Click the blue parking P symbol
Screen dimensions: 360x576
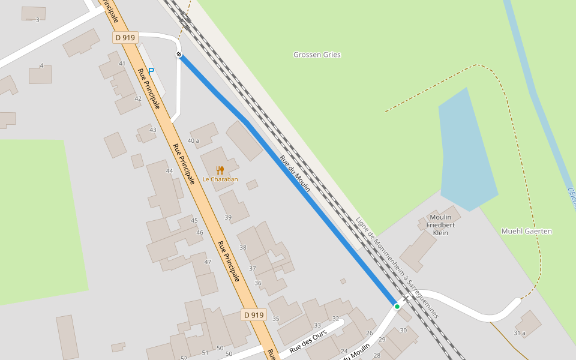tap(151, 71)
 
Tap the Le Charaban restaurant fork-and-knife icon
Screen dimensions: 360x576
tap(220, 170)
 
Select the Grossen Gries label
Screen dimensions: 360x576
tap(317, 55)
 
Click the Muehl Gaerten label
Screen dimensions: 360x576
tap(526, 231)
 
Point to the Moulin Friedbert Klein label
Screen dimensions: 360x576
tap(440, 225)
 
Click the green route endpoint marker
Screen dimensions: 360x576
tap(397, 307)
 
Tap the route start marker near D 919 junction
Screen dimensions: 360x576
tap(179, 55)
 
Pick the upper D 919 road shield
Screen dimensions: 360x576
tap(125, 38)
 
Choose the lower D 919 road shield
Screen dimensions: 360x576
tap(254, 315)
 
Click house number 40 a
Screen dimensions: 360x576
tap(193, 141)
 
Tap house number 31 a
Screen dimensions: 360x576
tap(519, 333)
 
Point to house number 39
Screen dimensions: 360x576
tap(228, 217)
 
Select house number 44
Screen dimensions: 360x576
tap(169, 171)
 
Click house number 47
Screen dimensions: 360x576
tap(208, 262)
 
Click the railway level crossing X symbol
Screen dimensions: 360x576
tap(406, 298)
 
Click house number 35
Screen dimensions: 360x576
tap(276, 319)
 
